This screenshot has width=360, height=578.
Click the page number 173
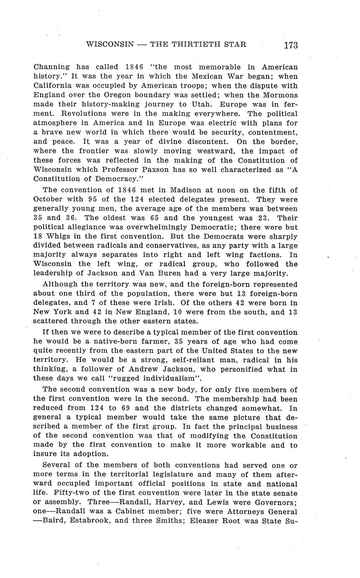[290, 45]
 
